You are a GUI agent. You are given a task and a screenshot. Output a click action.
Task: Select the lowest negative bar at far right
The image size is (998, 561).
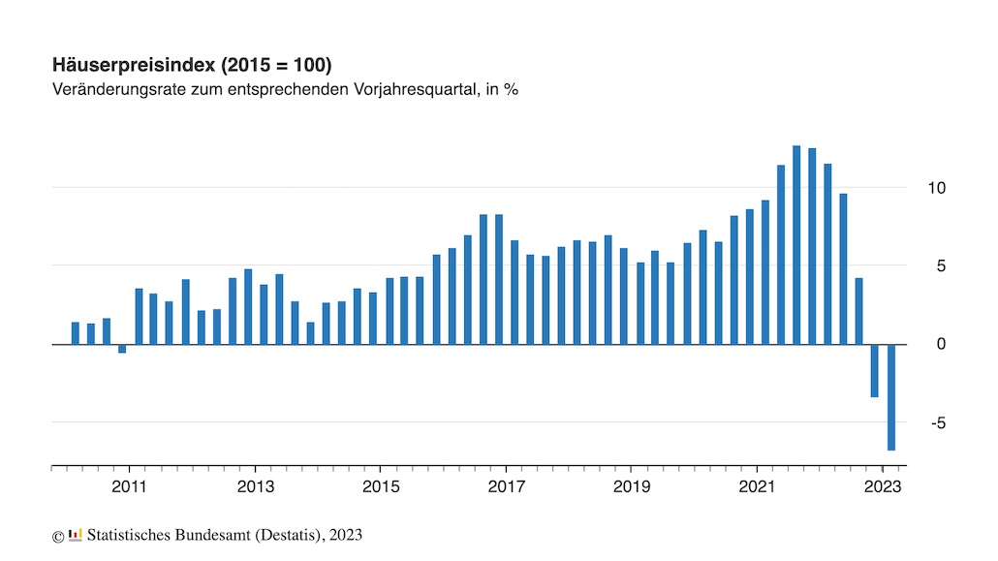890,397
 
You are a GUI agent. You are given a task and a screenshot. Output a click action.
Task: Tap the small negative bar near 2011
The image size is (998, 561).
122,349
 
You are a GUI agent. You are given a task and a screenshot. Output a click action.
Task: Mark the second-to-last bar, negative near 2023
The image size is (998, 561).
875,370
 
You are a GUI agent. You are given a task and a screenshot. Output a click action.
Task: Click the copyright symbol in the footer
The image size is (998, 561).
57,536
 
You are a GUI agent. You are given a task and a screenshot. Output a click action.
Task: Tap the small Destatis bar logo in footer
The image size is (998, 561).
75,534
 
